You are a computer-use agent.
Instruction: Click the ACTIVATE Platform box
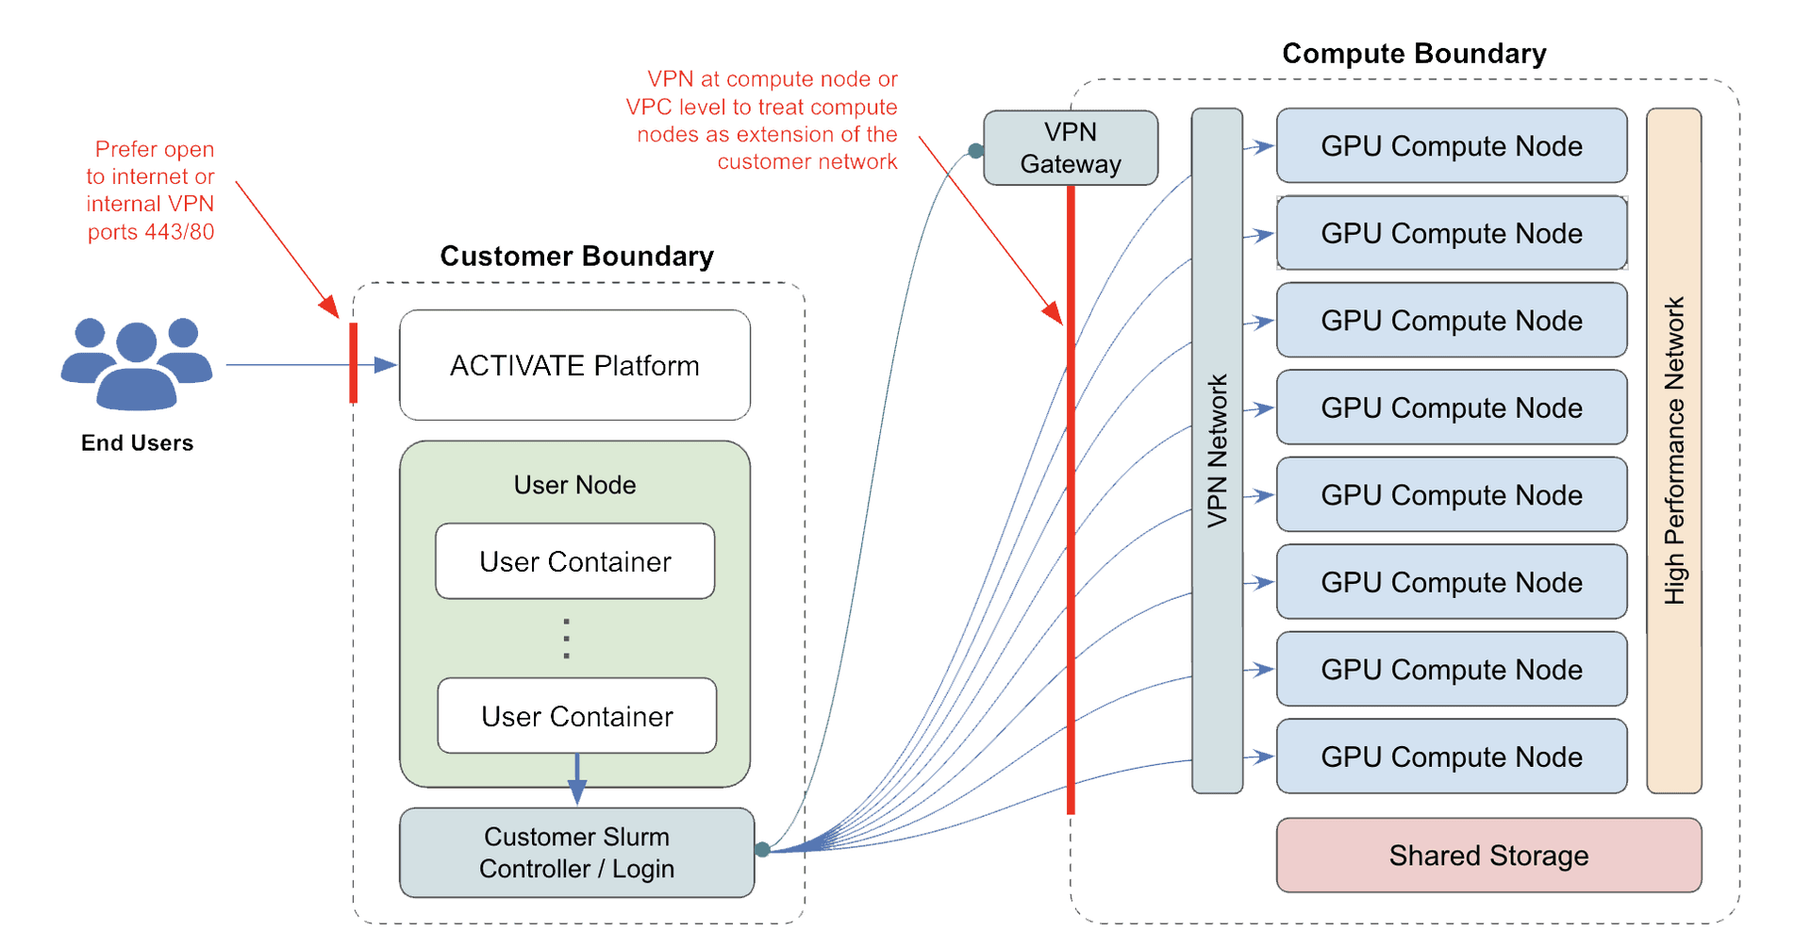[574, 365]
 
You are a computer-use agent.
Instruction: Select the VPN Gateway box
[1071, 148]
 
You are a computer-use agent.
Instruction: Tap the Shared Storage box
[1488, 856]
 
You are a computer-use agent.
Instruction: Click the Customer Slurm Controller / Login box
[576, 853]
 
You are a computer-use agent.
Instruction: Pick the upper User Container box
[574, 561]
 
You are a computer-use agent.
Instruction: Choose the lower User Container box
[576, 716]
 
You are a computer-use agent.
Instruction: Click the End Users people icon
[137, 364]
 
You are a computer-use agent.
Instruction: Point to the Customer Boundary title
[576, 257]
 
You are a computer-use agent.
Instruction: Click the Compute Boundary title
[1413, 54]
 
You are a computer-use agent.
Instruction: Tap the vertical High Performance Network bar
[1673, 451]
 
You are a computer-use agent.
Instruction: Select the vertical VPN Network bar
[1217, 451]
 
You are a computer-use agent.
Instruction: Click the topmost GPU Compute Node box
[1451, 146]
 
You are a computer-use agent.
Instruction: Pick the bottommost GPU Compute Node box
[1451, 757]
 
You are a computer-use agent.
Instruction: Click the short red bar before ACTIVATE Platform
[354, 363]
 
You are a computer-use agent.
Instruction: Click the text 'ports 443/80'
[151, 232]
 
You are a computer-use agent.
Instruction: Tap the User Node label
[574, 485]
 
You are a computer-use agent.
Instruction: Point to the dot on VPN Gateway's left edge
[976, 151]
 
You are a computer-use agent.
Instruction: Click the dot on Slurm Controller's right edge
[762, 850]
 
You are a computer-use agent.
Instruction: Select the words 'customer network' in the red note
[806, 162]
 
